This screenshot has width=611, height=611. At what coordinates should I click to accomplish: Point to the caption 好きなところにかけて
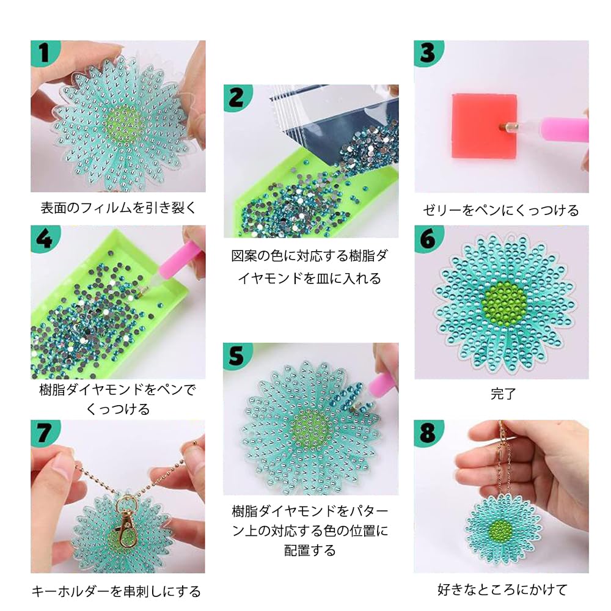point(502,590)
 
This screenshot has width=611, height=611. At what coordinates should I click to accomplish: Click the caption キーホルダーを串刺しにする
point(116,591)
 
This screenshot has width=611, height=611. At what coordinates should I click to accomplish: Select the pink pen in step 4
point(168,262)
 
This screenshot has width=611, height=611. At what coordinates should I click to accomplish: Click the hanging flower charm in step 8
point(503,527)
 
